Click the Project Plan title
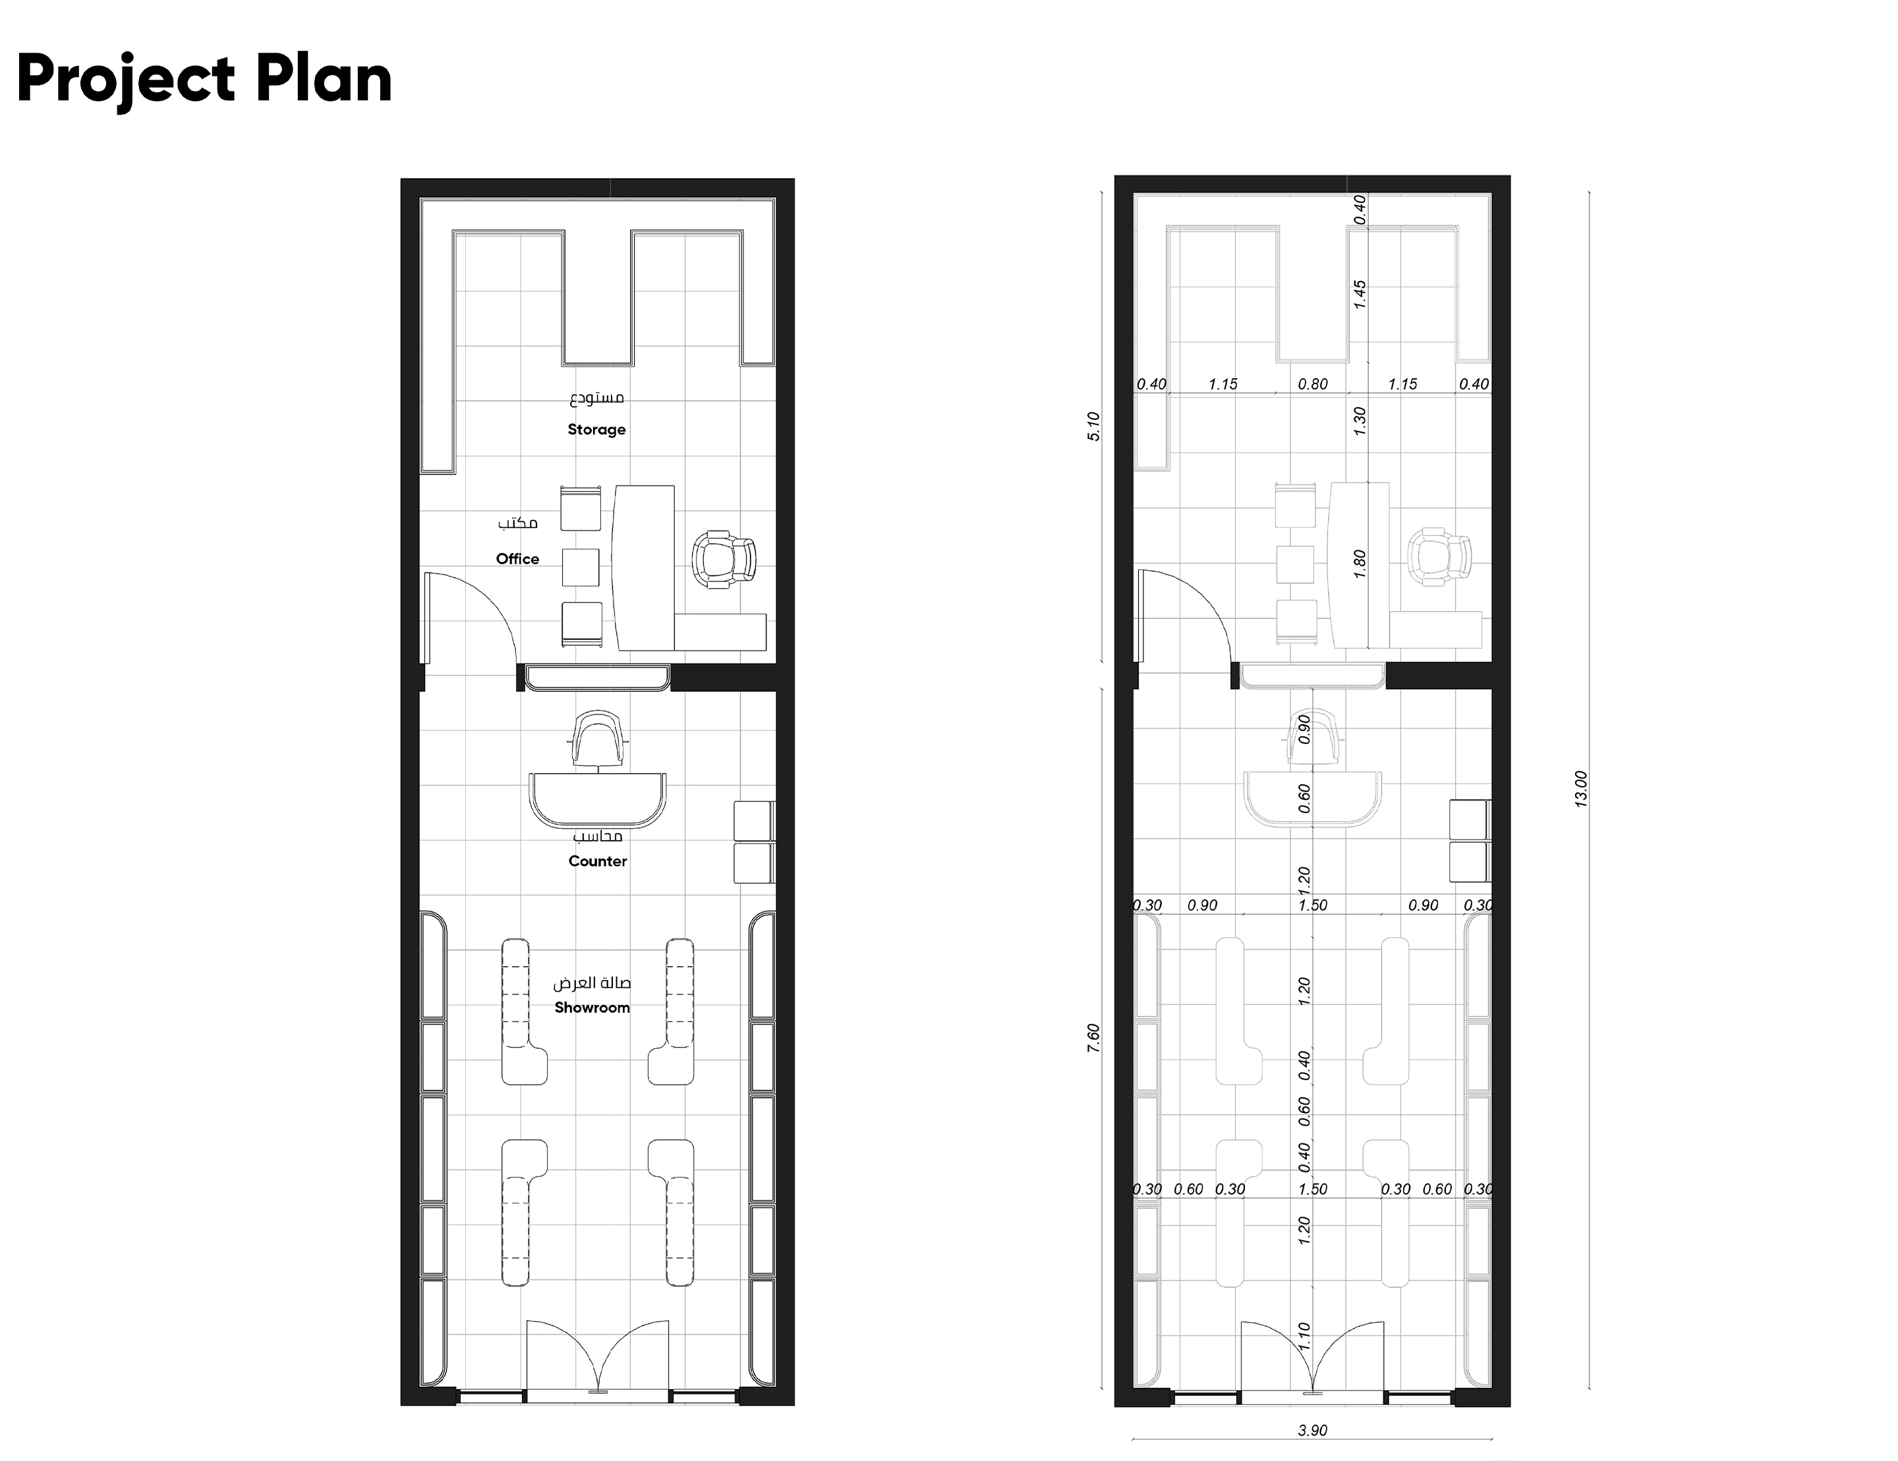(204, 80)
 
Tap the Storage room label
(596, 430)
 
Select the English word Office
(517, 559)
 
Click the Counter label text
(597, 861)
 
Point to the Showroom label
(592, 1008)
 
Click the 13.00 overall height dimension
(1581, 789)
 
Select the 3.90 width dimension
(1312, 1431)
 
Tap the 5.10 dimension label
(1094, 426)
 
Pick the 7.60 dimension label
(1094, 1039)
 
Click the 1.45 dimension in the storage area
(1360, 294)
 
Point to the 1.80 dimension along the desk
(1360, 564)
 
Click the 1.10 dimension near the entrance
(1304, 1336)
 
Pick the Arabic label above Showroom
(592, 983)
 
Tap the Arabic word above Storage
(597, 399)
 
